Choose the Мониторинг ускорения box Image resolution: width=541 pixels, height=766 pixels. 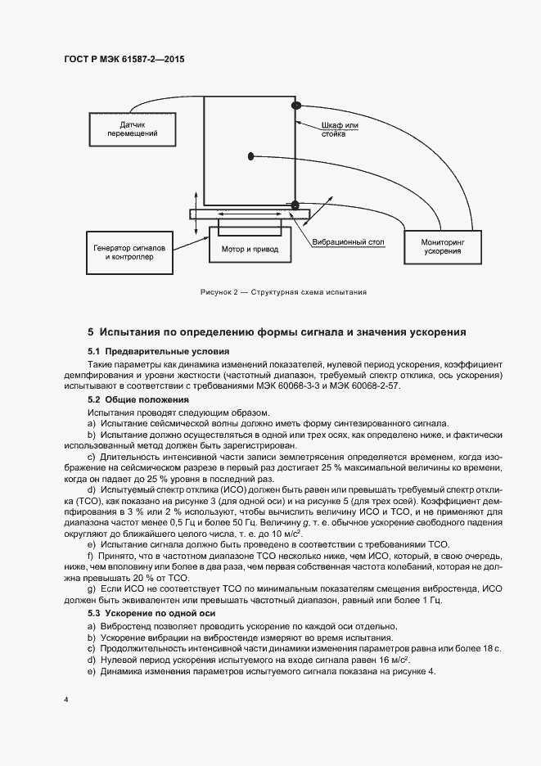tap(442, 247)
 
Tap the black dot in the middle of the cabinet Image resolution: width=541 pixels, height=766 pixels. tap(252, 156)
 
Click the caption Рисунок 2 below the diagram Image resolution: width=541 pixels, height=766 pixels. tap(283, 292)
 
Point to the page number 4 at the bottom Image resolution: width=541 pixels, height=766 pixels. tap(66, 700)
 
